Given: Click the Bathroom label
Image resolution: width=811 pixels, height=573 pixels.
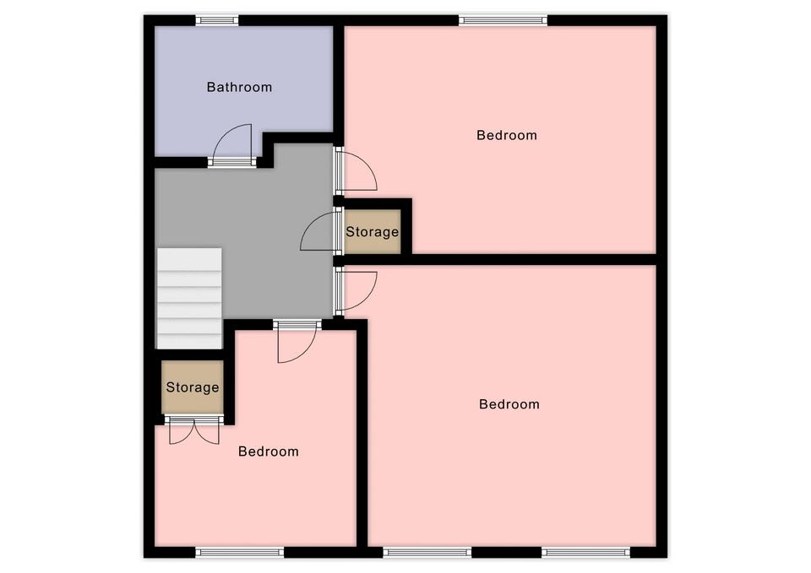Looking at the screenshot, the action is (x=239, y=87).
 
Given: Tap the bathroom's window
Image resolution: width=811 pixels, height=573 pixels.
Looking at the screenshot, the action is (x=217, y=20).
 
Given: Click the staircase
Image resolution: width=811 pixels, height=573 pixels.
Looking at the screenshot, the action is (x=189, y=298).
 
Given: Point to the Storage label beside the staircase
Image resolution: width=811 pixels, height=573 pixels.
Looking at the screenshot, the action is (x=193, y=387).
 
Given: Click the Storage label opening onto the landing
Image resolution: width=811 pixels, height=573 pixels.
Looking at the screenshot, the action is (x=373, y=232).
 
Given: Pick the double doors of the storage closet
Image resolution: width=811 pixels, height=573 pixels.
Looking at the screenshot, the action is (x=194, y=430).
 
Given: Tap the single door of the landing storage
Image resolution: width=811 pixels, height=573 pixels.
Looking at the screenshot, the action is (x=319, y=231).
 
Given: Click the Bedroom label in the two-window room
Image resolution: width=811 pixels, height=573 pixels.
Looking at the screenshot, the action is (x=509, y=404).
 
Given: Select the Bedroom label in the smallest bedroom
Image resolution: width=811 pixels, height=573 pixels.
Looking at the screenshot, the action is (x=269, y=451).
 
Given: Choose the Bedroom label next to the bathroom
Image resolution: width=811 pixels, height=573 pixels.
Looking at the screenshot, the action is (x=507, y=135).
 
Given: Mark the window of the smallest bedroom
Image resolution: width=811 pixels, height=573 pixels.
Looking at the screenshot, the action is (x=240, y=553).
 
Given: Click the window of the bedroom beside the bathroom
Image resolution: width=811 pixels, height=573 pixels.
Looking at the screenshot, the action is (x=503, y=20).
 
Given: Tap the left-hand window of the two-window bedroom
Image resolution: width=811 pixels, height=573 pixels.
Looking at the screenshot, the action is (x=427, y=553).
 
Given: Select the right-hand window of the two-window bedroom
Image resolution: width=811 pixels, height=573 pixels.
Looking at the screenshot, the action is (x=586, y=553).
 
